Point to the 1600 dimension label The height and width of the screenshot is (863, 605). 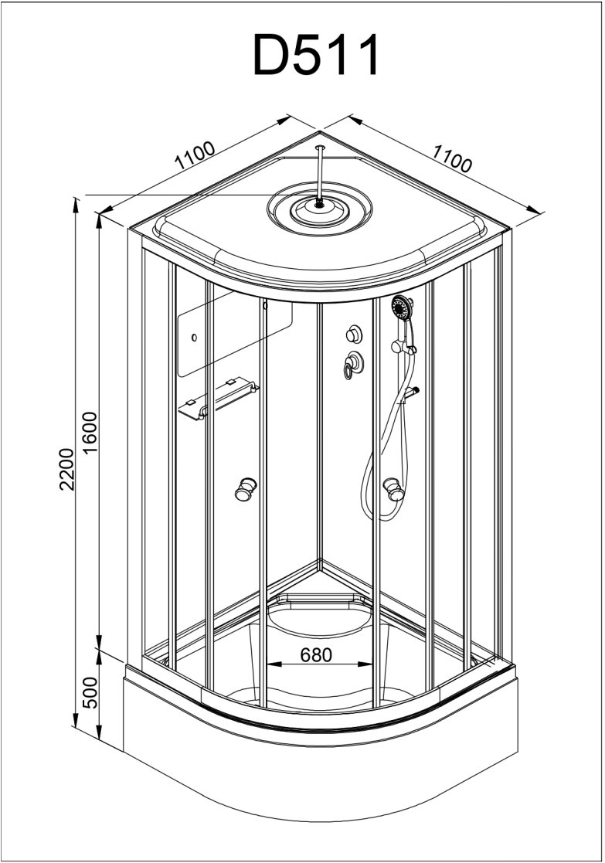click(x=90, y=433)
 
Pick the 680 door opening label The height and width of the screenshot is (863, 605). click(x=315, y=655)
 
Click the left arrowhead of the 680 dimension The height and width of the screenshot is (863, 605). click(x=270, y=664)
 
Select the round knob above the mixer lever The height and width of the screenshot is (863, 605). click(x=355, y=333)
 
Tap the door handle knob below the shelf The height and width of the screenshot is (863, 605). click(x=246, y=489)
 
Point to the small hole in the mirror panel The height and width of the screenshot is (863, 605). click(x=194, y=338)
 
